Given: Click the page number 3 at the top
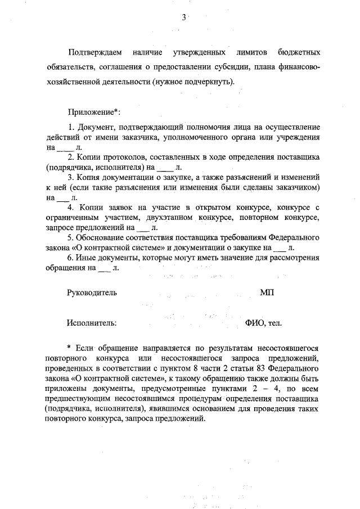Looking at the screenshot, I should [x=183, y=17].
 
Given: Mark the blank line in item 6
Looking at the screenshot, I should [x=105, y=269].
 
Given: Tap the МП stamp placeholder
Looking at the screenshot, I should [x=267, y=293].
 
